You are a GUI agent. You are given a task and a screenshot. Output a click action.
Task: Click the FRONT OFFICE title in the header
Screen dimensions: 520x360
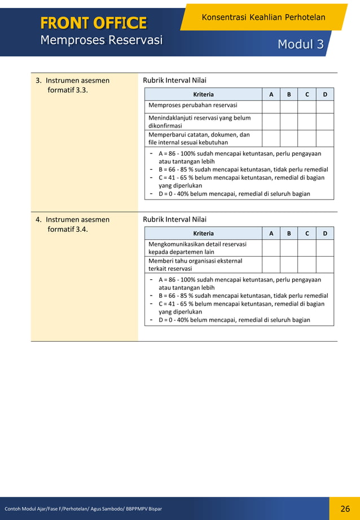[93, 23]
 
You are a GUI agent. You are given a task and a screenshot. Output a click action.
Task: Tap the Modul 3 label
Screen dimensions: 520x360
[300, 44]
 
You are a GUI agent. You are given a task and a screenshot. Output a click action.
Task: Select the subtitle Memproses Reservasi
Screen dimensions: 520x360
[101, 40]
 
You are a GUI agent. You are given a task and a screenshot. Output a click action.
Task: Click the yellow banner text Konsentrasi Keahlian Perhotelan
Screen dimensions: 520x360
[263, 17]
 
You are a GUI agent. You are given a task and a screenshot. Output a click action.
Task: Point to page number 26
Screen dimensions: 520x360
[345, 509]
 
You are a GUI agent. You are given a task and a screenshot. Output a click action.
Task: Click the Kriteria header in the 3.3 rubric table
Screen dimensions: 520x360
[203, 94]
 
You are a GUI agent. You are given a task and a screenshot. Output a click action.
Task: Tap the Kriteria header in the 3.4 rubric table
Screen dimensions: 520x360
[203, 233]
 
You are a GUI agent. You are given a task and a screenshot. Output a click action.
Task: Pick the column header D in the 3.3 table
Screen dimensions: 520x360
[325, 94]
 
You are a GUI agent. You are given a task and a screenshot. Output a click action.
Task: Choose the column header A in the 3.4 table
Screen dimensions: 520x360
[271, 233]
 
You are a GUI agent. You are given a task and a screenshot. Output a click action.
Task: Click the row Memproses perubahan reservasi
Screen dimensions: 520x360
[192, 105]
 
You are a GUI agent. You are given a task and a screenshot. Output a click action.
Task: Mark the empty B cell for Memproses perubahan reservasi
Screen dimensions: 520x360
[289, 106]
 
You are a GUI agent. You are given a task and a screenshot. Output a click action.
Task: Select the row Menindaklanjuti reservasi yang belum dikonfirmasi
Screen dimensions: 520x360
[199, 122]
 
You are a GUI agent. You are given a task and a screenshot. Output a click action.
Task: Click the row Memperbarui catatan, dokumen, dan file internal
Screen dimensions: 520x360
[199, 139]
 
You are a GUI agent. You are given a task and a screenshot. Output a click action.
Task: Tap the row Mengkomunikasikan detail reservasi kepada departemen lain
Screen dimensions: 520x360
[197, 248]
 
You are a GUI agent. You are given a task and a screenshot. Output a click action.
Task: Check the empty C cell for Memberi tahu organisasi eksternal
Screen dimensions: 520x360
[307, 265]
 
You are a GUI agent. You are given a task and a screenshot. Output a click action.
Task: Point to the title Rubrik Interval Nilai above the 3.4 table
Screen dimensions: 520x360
[175, 219]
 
